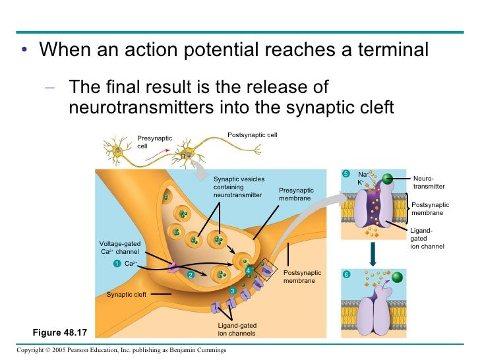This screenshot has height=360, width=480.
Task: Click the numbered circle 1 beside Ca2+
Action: point(116,264)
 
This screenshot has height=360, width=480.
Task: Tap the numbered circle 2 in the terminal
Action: point(189,275)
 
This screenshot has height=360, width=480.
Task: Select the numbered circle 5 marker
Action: point(345,173)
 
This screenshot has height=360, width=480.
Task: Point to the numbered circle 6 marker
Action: point(345,273)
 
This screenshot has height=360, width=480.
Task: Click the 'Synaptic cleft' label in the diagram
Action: point(126,294)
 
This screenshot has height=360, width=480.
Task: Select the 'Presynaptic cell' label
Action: point(154,142)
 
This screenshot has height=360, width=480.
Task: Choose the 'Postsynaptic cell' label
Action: point(252,135)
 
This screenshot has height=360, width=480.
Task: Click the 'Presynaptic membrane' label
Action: point(296,194)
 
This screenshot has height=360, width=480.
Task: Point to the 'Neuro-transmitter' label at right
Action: point(424,182)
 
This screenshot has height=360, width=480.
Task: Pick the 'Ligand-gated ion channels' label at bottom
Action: point(237,330)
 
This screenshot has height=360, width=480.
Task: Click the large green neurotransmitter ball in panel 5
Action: point(387,179)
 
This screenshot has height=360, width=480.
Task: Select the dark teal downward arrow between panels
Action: point(373,254)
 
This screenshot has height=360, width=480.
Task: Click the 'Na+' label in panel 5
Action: point(363,174)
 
